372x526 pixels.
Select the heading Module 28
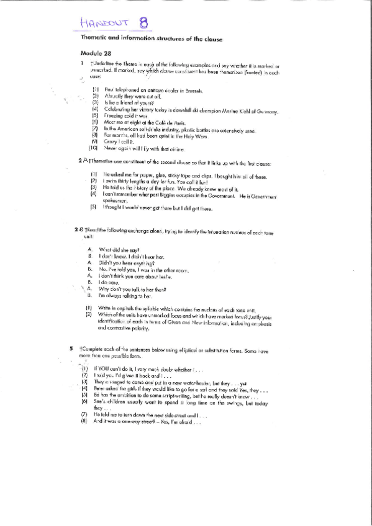pos(94,54)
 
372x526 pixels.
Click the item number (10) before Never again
pos(94,148)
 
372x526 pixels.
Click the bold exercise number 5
pos(73,349)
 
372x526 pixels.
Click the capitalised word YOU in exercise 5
pos(114,368)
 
